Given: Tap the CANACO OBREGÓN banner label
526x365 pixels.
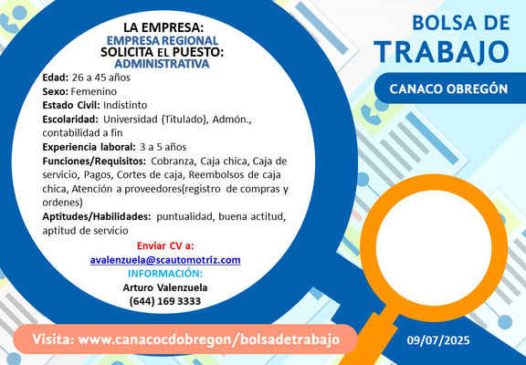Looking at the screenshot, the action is click(x=448, y=89).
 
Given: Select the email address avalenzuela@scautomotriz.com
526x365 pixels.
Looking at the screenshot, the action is click(x=165, y=260).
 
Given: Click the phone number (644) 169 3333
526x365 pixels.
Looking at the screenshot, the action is click(x=165, y=301).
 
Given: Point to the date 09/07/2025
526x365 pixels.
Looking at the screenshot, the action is click(x=438, y=340).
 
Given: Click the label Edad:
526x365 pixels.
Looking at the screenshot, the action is click(x=56, y=78).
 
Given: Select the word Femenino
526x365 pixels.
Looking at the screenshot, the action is click(x=94, y=91).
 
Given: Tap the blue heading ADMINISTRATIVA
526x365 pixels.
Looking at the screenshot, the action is click(x=162, y=63).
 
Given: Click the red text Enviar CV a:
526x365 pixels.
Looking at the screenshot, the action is click(x=165, y=246).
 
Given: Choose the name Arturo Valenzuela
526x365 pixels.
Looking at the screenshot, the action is click(x=165, y=287).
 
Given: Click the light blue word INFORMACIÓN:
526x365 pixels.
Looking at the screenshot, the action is click(x=165, y=274).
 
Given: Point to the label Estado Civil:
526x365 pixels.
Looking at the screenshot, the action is click(x=71, y=105).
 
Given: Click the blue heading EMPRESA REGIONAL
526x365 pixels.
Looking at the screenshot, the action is click(x=163, y=40).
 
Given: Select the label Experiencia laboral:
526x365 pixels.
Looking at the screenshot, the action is click(x=89, y=147).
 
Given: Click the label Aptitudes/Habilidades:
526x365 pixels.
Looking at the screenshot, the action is click(x=97, y=217).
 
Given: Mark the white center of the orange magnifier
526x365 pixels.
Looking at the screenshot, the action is click(x=434, y=248).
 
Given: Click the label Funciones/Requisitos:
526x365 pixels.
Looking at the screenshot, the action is click(x=94, y=162).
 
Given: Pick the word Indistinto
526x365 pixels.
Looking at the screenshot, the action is click(x=125, y=105).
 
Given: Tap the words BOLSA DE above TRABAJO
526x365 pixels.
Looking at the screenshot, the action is click(x=461, y=23).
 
